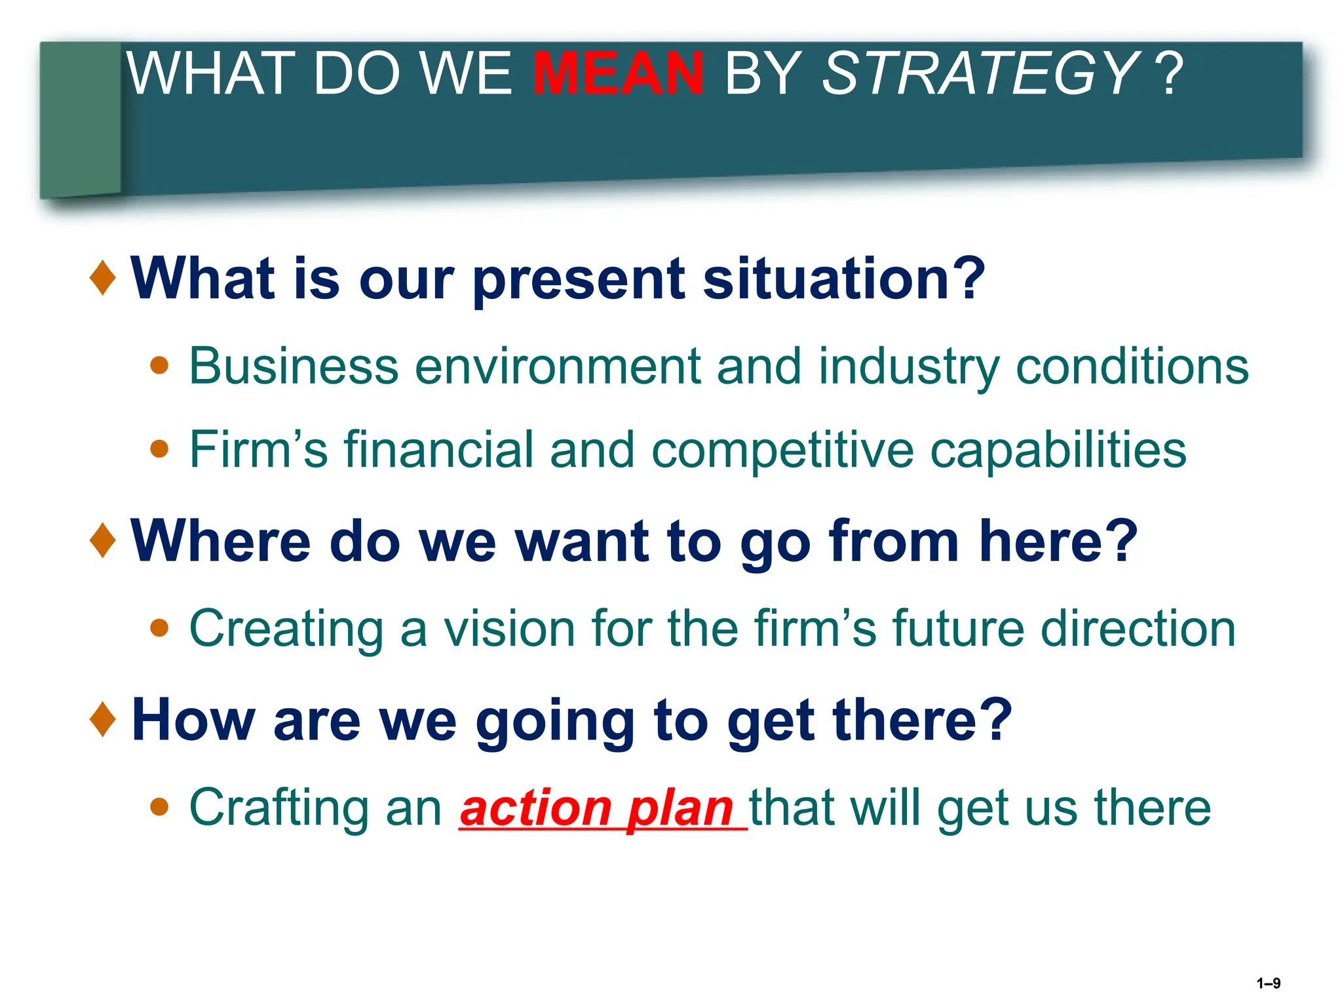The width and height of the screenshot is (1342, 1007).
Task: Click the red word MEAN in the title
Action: point(619,73)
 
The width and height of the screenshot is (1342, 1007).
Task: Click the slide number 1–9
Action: point(1268,983)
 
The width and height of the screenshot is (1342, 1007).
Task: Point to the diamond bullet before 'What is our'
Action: point(103,278)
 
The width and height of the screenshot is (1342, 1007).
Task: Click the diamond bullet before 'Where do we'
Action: point(103,541)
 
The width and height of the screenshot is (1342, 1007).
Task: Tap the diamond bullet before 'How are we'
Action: point(103,719)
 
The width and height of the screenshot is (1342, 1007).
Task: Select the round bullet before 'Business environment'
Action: point(159,365)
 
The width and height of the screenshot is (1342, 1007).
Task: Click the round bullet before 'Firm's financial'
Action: point(159,449)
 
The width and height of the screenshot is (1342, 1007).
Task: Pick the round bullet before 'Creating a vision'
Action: point(159,628)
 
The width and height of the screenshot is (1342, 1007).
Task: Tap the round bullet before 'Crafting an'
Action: point(159,807)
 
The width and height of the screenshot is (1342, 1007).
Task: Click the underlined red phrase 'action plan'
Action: point(597,808)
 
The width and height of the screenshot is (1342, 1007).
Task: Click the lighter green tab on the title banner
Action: point(80,118)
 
